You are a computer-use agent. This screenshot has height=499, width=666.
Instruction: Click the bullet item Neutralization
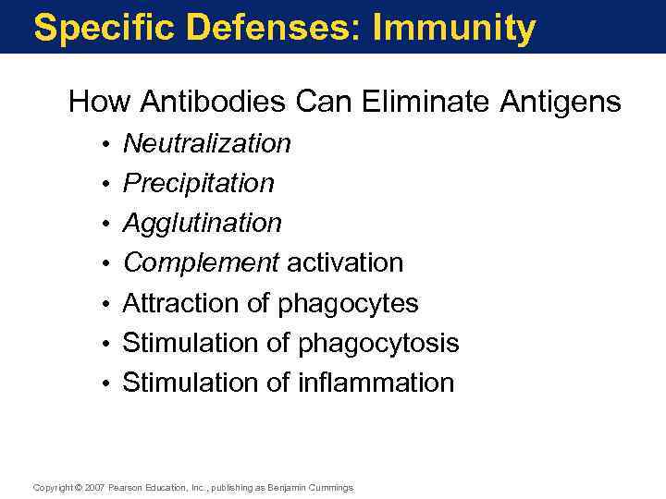point(207,144)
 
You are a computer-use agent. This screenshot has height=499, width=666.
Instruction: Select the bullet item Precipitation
point(199,184)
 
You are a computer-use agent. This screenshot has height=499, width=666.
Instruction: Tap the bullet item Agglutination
point(203,224)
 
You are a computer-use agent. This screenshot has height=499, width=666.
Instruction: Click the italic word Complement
point(201,263)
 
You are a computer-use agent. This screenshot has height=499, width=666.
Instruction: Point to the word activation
point(345,263)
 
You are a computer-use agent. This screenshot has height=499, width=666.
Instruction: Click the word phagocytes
point(348,304)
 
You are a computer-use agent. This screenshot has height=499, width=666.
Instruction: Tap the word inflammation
point(376,383)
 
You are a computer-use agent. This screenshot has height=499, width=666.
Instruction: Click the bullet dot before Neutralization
point(108,145)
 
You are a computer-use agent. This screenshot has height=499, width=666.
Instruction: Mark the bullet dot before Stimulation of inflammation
point(108,383)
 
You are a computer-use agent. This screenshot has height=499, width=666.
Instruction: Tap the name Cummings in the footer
point(330,487)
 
